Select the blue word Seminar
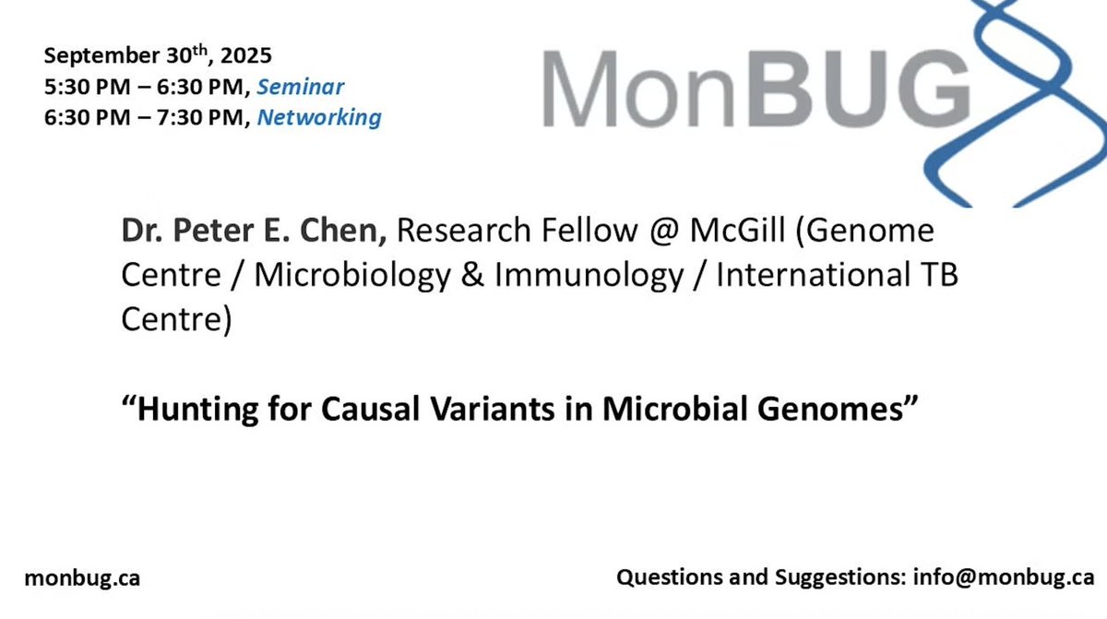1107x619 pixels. (300, 88)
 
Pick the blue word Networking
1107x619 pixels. (318, 117)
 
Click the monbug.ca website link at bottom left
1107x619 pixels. (82, 578)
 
